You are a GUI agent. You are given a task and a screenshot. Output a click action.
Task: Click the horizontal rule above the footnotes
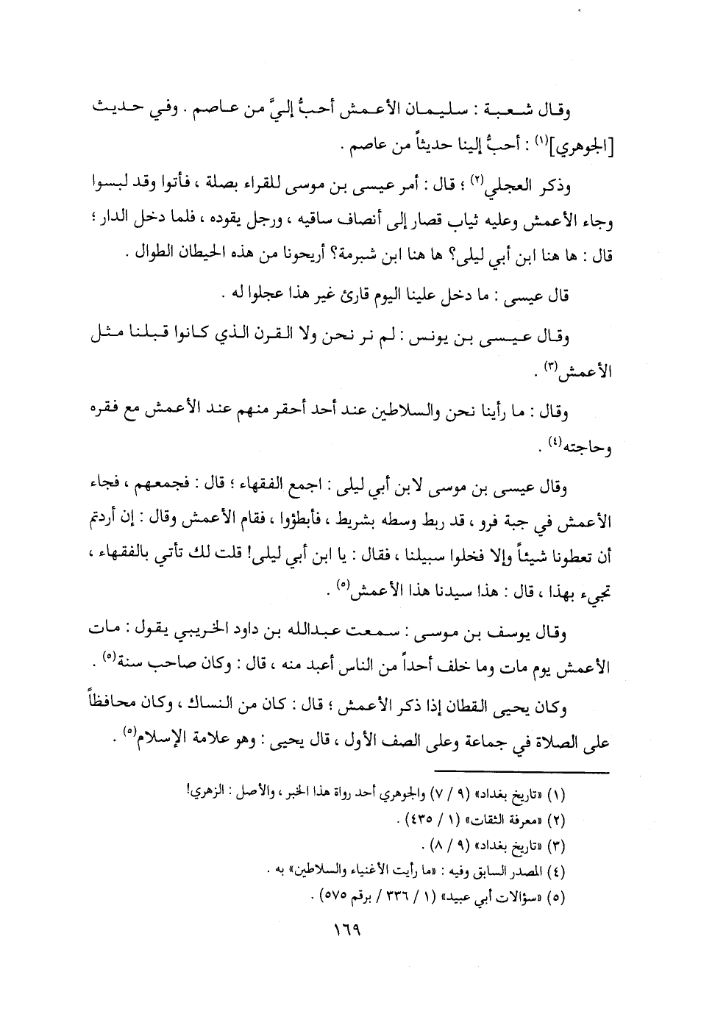click(x=522, y=772)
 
